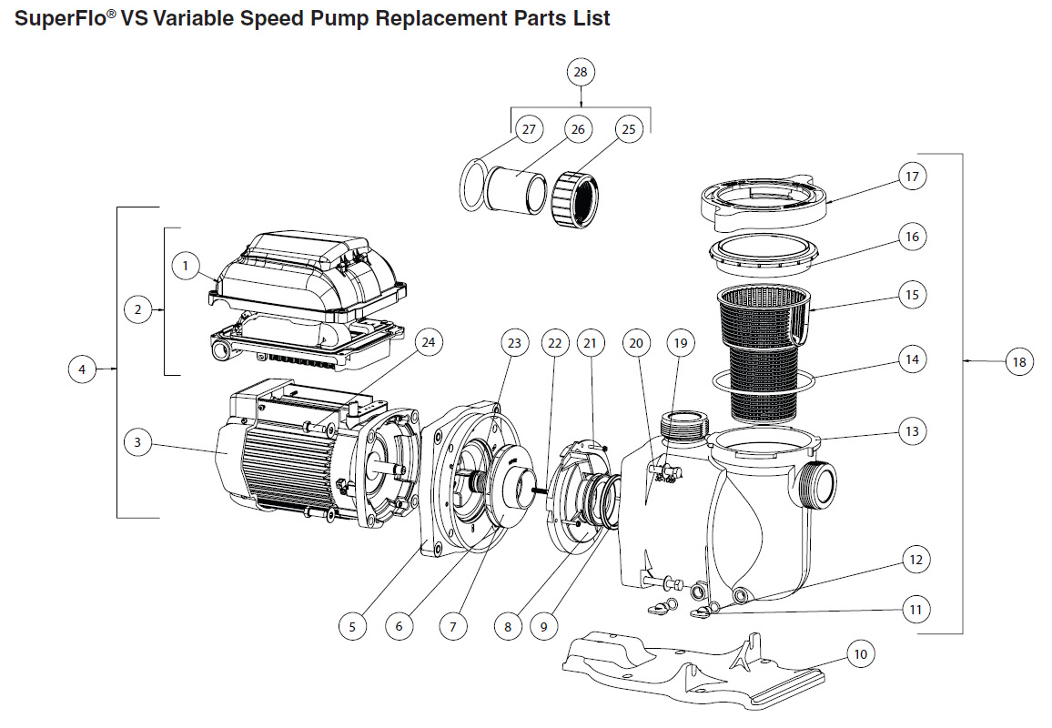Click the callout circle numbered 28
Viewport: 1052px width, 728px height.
[x=582, y=71]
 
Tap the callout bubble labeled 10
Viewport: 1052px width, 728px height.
[x=861, y=653]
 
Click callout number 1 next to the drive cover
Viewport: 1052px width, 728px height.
[x=186, y=266]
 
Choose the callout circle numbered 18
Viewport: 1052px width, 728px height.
[x=1018, y=362]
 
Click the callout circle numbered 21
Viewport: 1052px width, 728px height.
[x=592, y=343]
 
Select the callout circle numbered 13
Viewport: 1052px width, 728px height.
[x=912, y=430]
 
